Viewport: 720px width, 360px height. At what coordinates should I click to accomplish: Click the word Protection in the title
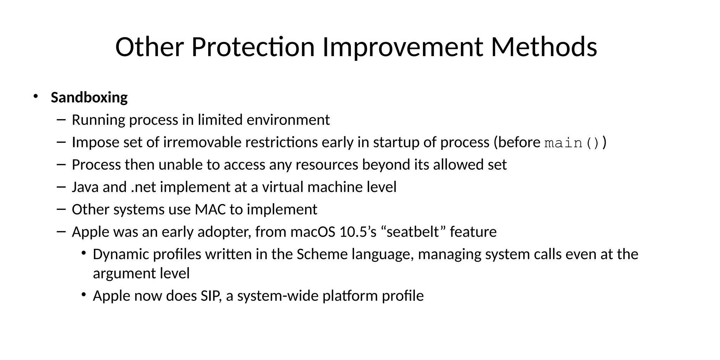point(253,47)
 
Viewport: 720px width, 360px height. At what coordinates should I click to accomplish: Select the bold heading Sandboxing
point(89,97)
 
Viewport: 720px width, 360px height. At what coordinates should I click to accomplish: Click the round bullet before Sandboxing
point(35,96)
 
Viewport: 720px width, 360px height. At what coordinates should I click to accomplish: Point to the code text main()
point(572,143)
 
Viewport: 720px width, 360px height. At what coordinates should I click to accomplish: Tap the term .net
point(143,187)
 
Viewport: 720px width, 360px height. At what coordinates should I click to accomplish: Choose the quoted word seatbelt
point(413,232)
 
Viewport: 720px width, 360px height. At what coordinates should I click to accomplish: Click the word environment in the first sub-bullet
point(288,120)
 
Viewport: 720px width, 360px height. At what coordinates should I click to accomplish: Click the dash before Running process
point(61,120)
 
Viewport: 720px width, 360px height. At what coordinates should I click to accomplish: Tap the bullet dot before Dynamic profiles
point(84,253)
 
